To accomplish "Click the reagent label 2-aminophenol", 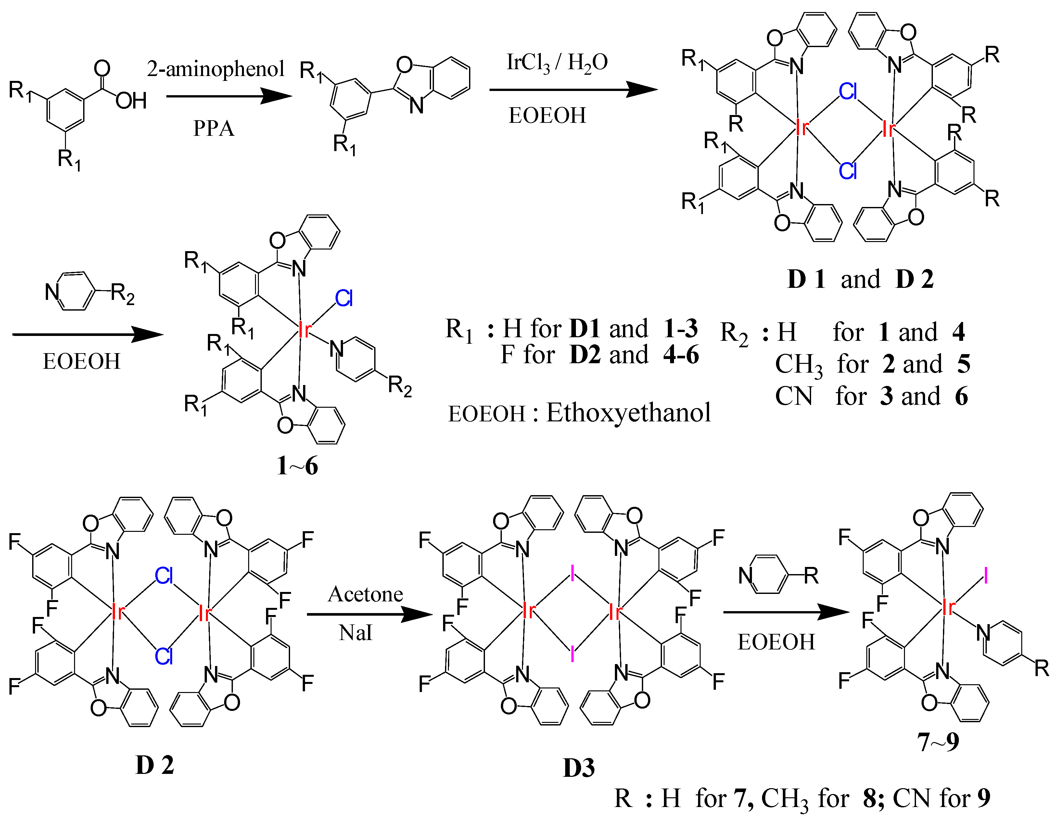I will [216, 69].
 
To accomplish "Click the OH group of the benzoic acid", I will [131, 101].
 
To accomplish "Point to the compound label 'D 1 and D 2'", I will [860, 279].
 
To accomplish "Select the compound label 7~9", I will [938, 741].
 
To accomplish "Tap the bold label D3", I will [579, 768].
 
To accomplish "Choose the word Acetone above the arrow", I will [365, 594].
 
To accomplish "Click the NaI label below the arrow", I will [356, 633].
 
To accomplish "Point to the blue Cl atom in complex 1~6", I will [344, 298].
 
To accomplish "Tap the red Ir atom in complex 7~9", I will [949, 607].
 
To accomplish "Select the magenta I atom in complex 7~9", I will [986, 576].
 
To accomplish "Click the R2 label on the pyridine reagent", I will [122, 293].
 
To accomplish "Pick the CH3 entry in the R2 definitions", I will [798, 365].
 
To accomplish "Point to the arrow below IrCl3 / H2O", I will [573, 89].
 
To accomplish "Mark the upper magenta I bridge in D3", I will [572, 574].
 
